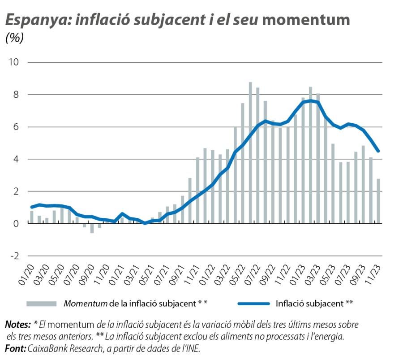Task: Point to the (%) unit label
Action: click(14, 39)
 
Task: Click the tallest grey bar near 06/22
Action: click(250, 152)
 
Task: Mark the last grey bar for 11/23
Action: click(378, 201)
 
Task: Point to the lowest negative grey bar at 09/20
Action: click(92, 228)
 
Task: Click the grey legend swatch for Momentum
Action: click(41, 304)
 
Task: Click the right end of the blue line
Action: click(378, 151)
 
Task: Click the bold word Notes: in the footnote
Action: click(17, 324)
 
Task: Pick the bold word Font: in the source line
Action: click(15, 348)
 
